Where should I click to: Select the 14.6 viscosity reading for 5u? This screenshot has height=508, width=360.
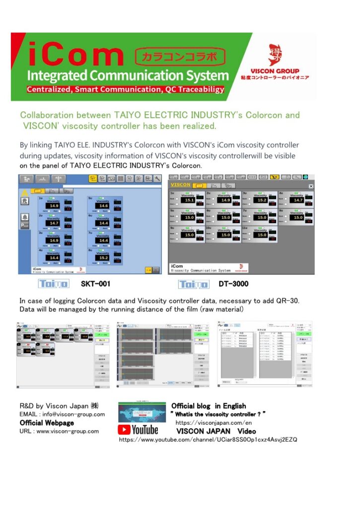[x=103, y=206]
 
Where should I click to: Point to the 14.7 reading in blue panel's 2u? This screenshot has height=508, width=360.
[x=54, y=223]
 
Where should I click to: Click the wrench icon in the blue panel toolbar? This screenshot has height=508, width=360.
[x=157, y=180]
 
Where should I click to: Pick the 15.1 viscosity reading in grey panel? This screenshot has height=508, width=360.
[x=188, y=200]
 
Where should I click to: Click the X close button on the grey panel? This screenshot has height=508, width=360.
[x=311, y=186]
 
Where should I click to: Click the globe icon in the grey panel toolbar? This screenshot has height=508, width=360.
[x=306, y=177]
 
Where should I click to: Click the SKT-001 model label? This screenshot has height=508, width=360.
[x=95, y=284]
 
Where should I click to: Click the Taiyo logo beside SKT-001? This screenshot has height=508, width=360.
[x=54, y=284]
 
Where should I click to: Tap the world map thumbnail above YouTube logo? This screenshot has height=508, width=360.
[x=142, y=412]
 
